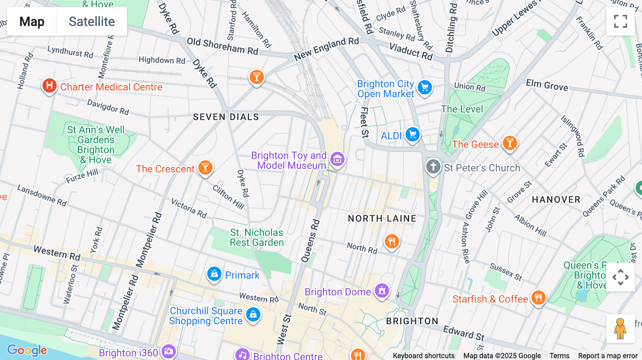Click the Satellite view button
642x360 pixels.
tap(92, 21)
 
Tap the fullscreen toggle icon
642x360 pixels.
tap(620, 21)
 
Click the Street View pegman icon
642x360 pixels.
tap(620, 328)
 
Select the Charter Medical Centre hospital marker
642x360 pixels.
tap(50, 86)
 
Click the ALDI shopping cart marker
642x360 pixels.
tap(413, 135)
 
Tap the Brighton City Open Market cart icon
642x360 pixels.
tap(424, 87)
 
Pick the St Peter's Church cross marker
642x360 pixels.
tap(433, 166)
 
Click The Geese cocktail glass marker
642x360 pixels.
tap(510, 143)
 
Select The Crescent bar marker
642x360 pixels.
tap(205, 167)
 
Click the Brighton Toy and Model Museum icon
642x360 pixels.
tap(337, 159)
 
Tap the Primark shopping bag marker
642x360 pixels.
tap(214, 274)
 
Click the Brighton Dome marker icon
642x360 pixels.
tap(382, 290)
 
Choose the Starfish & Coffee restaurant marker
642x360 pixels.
tap(538, 298)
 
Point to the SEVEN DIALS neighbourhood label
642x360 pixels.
tap(226, 117)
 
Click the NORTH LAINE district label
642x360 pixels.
tap(382, 218)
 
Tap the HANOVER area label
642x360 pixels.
tap(556, 200)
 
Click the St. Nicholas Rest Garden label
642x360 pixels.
tap(256, 237)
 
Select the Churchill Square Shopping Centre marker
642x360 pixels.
tap(253, 314)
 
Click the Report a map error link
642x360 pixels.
tap(607, 356)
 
